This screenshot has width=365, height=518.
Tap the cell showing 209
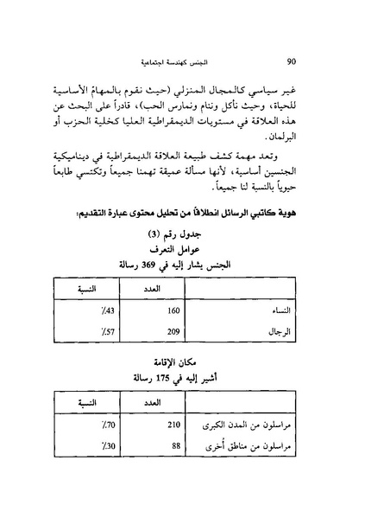173,330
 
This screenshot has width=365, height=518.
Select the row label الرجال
298,330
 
